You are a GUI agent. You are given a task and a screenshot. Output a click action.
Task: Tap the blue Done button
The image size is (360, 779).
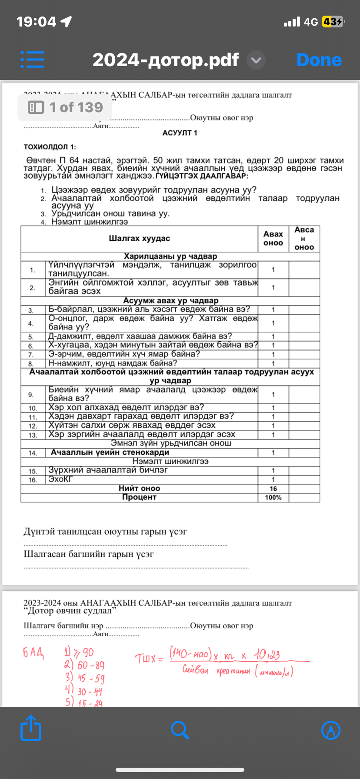click(319, 60)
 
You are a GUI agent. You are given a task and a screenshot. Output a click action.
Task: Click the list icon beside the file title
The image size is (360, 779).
click(32, 60)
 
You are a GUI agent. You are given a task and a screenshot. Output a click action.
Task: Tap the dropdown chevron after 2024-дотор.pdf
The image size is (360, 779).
click(256, 60)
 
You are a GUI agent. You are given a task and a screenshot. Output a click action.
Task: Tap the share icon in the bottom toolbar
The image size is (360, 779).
click(31, 728)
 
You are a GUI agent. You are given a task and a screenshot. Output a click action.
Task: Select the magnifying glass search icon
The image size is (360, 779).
click(180, 730)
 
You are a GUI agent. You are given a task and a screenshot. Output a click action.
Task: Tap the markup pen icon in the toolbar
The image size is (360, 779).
click(330, 730)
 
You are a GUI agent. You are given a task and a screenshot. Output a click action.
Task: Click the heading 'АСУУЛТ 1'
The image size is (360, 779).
click(180, 133)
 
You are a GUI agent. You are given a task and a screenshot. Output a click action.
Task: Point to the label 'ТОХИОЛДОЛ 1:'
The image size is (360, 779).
click(50, 147)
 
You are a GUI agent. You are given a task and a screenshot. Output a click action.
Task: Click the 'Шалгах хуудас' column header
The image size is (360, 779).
click(139, 238)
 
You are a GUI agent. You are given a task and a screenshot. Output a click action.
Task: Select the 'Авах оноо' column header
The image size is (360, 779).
click(273, 238)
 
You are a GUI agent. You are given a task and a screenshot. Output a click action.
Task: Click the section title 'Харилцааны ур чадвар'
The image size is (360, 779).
click(170, 256)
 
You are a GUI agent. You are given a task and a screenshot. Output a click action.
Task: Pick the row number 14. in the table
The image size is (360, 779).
click(33, 453)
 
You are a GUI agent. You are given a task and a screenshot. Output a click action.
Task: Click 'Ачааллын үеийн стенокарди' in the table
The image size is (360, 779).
click(110, 453)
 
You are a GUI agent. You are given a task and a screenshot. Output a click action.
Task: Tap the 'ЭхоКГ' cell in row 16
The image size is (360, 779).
click(60, 479)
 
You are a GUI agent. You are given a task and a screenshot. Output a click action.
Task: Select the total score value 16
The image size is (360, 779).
click(273, 489)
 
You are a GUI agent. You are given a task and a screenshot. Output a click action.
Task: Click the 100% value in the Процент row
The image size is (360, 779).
click(273, 497)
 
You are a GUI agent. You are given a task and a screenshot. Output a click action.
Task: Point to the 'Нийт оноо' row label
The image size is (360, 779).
click(139, 489)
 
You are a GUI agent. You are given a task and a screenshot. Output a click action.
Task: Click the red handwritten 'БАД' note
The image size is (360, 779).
click(33, 652)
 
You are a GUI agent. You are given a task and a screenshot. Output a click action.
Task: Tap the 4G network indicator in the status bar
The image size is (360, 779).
click(311, 22)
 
